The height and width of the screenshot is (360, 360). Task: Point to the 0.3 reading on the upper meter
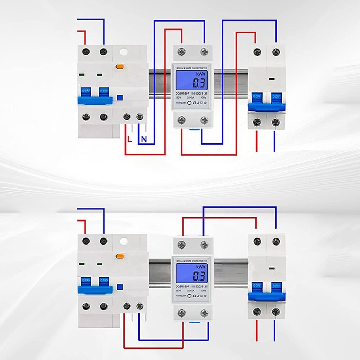199,83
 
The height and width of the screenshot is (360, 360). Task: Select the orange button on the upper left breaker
119,66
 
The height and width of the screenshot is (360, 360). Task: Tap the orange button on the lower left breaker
119,256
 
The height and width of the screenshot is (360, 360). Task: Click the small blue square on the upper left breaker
120,97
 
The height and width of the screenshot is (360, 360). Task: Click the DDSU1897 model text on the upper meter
182,93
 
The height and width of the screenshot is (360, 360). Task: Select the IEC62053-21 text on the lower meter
200,286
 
